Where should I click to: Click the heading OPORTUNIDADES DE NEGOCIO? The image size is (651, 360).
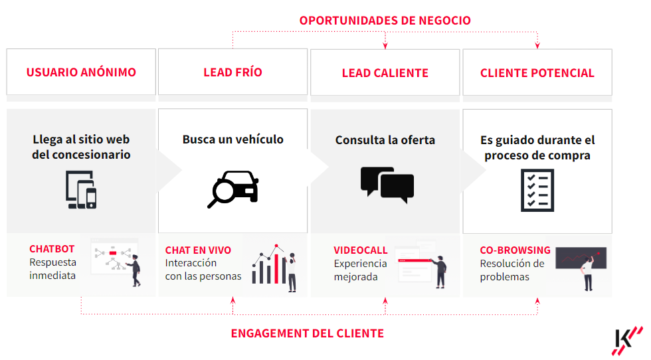[x=385, y=21]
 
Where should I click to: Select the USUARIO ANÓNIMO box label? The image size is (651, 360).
[x=81, y=72]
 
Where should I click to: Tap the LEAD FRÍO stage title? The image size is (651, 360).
[x=232, y=72]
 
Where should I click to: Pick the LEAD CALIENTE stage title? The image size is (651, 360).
[x=385, y=73]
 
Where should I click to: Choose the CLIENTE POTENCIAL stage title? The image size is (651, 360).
[x=537, y=73]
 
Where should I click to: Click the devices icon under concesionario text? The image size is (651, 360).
[x=81, y=190]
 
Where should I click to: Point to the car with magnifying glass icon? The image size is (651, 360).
[x=233, y=189]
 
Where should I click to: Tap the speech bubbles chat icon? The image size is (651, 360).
[x=387, y=185]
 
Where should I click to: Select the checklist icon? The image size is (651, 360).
[x=537, y=190]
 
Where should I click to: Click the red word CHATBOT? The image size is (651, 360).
[x=52, y=248]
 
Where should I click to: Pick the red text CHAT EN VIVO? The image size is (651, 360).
[x=198, y=250]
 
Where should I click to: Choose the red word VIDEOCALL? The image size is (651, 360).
[x=360, y=250]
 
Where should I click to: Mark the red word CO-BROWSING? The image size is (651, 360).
[x=515, y=250]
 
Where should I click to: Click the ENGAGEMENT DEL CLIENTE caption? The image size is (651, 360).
[x=307, y=333]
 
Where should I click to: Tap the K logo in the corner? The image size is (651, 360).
[x=627, y=341]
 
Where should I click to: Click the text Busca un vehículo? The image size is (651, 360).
[x=233, y=139]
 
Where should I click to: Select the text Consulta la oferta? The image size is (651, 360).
[x=385, y=140]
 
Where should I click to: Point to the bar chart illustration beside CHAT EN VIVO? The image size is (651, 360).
[x=274, y=268]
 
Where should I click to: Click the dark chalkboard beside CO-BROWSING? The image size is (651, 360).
[x=581, y=258]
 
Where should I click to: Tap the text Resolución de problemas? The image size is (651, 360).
[x=512, y=270]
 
